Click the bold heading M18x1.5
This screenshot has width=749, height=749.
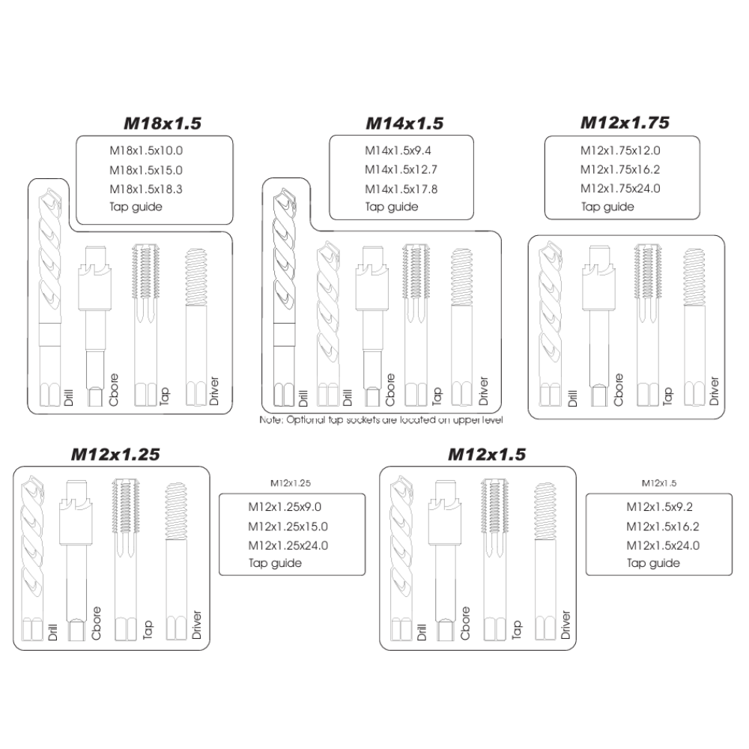[x=163, y=124]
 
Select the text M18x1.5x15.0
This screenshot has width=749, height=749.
[x=146, y=170]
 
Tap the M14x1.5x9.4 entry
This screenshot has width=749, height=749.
[x=398, y=151]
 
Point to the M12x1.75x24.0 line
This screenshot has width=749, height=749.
[x=620, y=188]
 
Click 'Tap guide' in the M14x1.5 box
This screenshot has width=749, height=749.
[x=392, y=207]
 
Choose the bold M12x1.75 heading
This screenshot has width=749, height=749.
[x=625, y=123]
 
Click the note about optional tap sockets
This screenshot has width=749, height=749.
[x=381, y=420]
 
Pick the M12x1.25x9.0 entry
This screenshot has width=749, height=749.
[x=285, y=507]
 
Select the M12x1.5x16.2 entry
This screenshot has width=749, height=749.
[x=663, y=527]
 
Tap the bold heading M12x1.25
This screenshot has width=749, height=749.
[x=115, y=455]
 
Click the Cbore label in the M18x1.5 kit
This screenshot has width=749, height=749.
[x=113, y=389]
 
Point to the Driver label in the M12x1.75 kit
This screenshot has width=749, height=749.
[x=714, y=391]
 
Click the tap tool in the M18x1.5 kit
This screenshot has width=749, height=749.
[x=145, y=325]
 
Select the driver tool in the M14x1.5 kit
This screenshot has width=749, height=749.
[x=461, y=327]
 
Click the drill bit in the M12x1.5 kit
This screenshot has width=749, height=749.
[x=401, y=558]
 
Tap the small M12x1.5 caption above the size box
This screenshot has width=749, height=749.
[x=658, y=483]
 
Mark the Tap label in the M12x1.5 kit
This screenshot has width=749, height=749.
[x=516, y=630]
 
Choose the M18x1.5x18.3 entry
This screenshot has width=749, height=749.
[x=146, y=189]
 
